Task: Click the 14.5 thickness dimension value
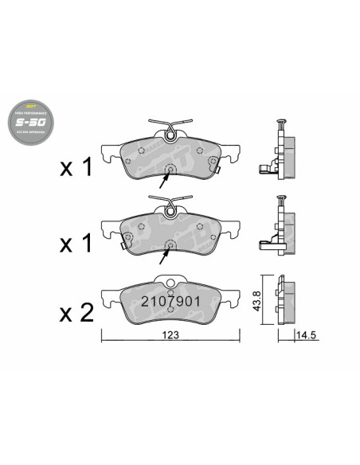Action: (306, 336)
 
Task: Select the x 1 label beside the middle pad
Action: (77, 244)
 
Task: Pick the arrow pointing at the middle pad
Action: (165, 256)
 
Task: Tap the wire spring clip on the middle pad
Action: (171, 209)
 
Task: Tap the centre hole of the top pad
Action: (169, 170)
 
